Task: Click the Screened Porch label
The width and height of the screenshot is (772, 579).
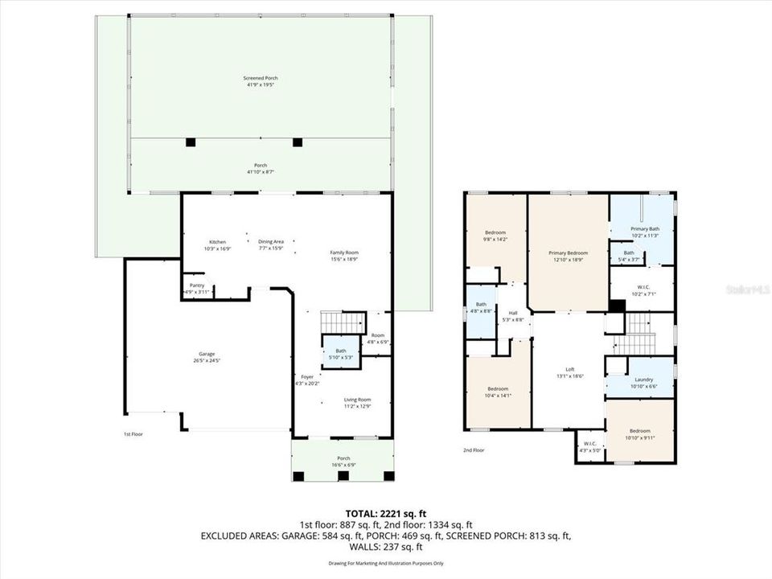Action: [261, 78]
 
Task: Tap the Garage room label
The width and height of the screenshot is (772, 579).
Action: [207, 354]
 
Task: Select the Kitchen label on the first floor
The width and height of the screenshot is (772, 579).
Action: [217, 242]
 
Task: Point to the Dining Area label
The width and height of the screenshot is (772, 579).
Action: [271, 242]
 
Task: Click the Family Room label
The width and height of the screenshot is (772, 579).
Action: [343, 253]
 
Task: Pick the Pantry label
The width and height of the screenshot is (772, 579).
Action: [196, 285]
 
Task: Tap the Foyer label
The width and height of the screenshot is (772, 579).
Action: [307, 376]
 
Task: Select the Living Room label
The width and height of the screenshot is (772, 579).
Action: [357, 400]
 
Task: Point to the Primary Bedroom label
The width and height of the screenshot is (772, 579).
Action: [568, 253]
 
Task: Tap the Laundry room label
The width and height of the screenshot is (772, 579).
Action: [643, 380]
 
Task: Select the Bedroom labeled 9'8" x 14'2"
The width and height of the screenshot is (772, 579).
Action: [495, 232]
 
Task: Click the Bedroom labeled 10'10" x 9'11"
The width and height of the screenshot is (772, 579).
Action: [640, 431]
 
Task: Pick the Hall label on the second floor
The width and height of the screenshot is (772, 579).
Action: [513, 313]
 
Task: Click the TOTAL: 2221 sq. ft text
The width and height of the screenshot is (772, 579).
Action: [385, 512]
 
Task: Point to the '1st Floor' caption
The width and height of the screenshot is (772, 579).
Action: [133, 434]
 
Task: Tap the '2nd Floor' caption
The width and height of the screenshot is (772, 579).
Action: [474, 450]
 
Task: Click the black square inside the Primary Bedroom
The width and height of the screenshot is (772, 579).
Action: [616, 305]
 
